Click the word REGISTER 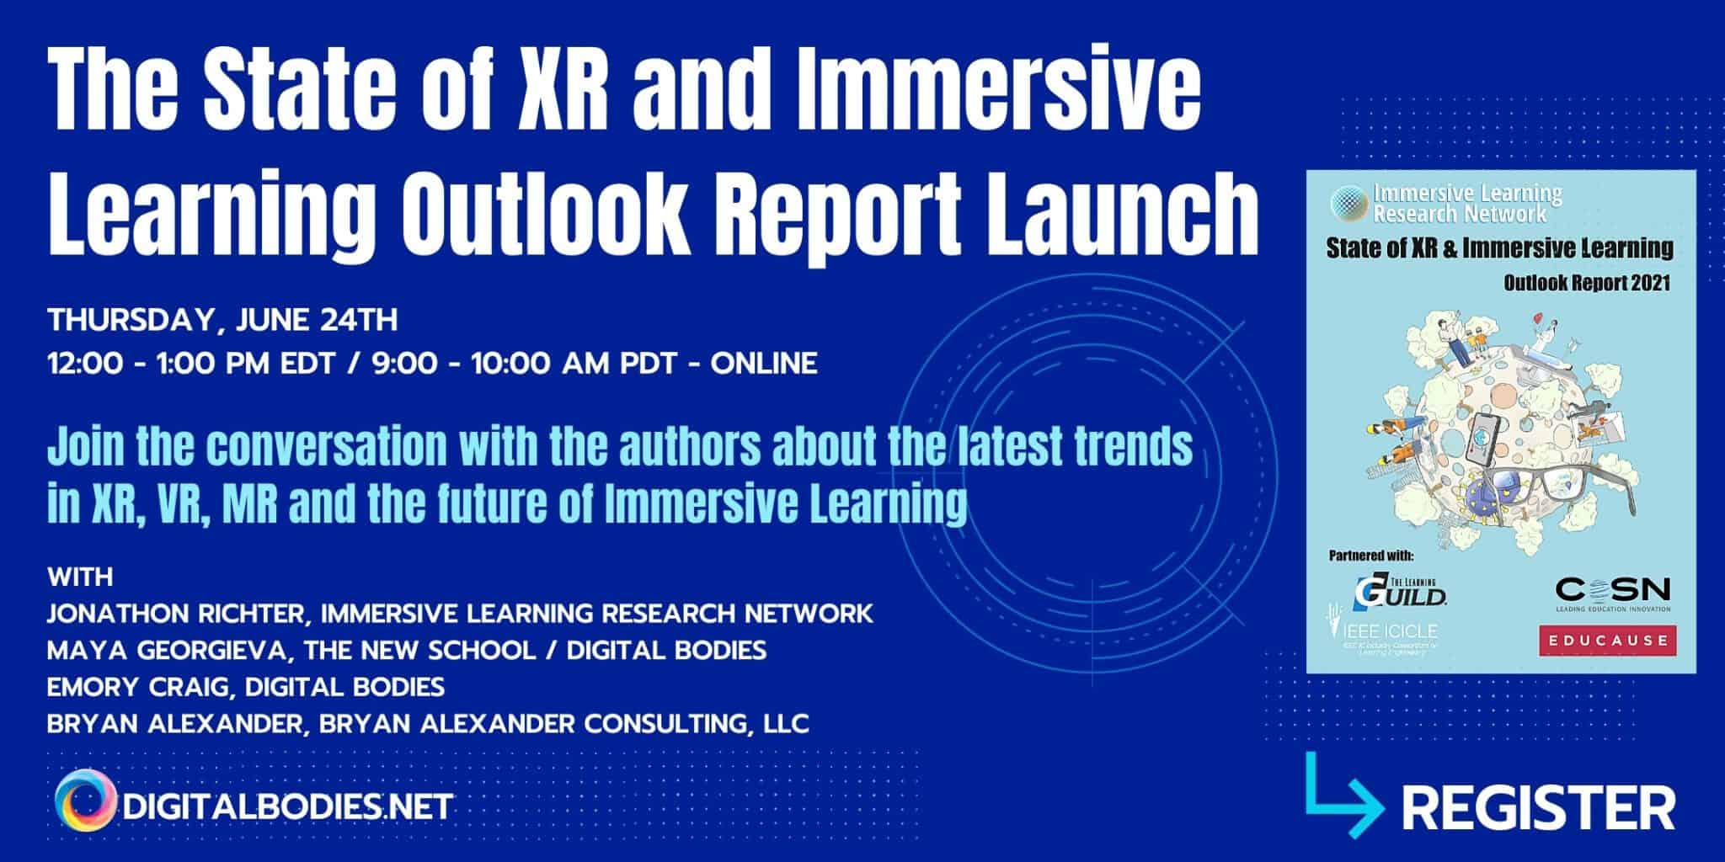tap(1538, 808)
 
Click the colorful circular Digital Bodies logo tap(85, 801)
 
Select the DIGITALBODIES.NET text tap(287, 806)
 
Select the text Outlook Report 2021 tap(1586, 284)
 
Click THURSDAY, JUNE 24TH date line tap(222, 321)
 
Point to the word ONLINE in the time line tap(764, 364)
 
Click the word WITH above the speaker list tap(80, 577)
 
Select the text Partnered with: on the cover tap(1371, 556)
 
